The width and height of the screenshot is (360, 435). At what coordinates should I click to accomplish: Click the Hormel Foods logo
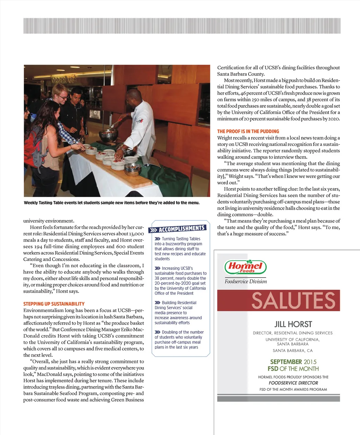pyautogui.click(x=245, y=267)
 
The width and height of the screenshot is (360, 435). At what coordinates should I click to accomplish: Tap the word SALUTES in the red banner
pyautogui.click(x=293, y=301)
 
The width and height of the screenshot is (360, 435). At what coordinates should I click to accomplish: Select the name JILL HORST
pyautogui.click(x=293, y=324)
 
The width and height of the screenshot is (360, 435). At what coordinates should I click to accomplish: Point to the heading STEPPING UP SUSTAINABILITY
pyautogui.click(x=54, y=304)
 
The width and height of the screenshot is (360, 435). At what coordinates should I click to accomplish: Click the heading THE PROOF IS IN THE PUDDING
pyautogui.click(x=248, y=131)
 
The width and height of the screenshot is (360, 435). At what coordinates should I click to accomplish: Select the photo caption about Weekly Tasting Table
pyautogui.click(x=111, y=203)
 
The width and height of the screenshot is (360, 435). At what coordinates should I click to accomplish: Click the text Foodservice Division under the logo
pyautogui.click(x=246, y=281)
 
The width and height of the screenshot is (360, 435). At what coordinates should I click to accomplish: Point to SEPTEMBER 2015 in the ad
pyautogui.click(x=293, y=362)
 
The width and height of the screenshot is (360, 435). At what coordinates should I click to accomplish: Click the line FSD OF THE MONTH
pyautogui.click(x=293, y=369)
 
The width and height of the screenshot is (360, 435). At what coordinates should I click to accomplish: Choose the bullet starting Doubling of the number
pyautogui.click(x=179, y=340)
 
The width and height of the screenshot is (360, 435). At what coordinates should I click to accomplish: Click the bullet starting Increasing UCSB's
pyautogui.click(x=180, y=281)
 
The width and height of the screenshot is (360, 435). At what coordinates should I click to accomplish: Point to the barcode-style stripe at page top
pyautogui.click(x=182, y=26)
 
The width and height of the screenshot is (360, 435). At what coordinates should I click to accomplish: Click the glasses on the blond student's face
pyautogui.click(x=63, y=96)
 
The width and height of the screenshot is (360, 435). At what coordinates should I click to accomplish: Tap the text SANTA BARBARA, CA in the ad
pyautogui.click(x=292, y=351)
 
